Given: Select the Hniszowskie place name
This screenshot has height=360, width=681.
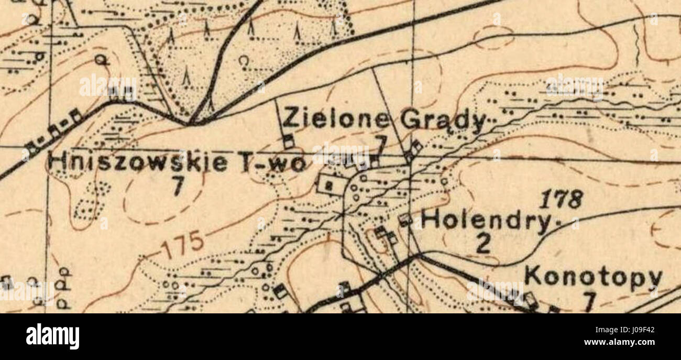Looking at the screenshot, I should [134, 162].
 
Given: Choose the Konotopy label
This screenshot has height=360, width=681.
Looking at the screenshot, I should [593, 277].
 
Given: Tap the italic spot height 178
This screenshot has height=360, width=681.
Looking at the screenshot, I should [561, 199].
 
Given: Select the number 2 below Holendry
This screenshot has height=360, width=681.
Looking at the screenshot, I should [483, 243].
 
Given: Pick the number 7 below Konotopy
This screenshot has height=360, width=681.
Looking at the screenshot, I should [589, 301].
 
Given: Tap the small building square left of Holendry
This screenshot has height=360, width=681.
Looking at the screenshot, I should [404, 220].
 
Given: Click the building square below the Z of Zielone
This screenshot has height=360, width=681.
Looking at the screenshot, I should [288, 140].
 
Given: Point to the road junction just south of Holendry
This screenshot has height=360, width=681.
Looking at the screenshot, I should [419, 256].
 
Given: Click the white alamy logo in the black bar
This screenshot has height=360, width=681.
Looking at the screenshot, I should [52, 336].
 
